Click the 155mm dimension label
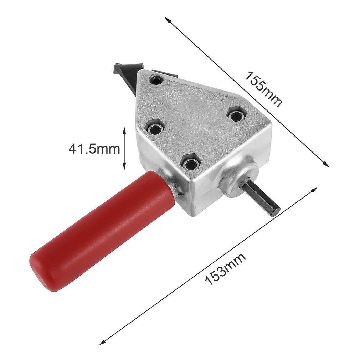(x=263, y=89)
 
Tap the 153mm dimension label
(x=225, y=269)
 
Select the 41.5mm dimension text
(x=94, y=149)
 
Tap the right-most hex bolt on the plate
(x=237, y=116)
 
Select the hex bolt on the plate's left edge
(x=155, y=129)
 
